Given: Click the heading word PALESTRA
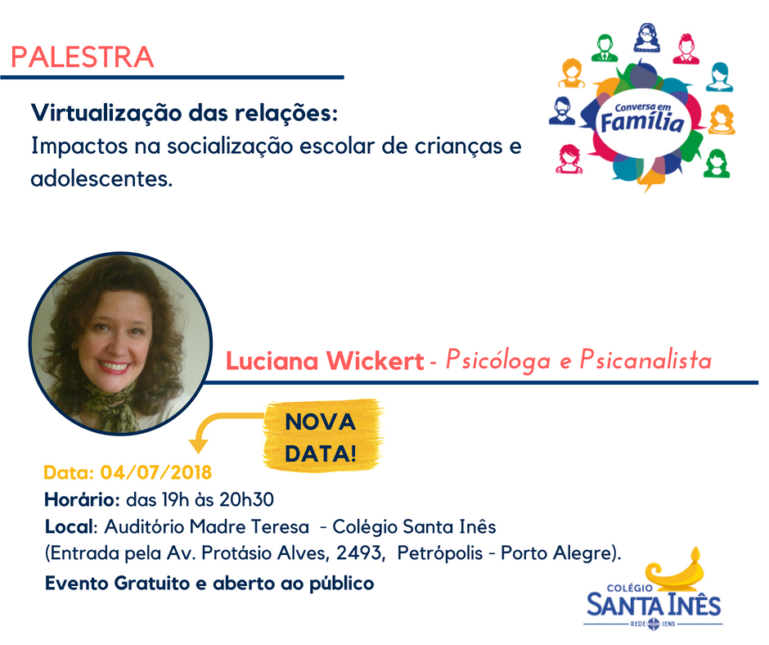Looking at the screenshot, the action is (x=83, y=57).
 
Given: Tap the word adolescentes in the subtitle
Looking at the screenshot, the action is (x=101, y=178).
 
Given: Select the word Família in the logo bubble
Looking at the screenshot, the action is (x=642, y=122).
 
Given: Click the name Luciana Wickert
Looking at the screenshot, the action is (x=325, y=361).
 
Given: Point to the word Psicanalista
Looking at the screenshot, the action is (x=645, y=360).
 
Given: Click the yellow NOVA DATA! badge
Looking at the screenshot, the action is (x=322, y=436).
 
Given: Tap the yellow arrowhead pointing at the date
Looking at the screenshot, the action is (x=199, y=445).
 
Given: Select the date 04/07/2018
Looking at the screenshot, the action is (x=156, y=472).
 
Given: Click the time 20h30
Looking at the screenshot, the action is (x=246, y=499).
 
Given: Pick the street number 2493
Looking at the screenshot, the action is (x=358, y=553).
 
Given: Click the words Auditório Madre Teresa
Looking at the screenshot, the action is (x=207, y=526).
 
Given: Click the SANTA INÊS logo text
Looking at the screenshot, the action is (x=654, y=605).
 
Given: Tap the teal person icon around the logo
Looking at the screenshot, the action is (x=719, y=77).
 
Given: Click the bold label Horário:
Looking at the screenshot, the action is (x=83, y=499).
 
